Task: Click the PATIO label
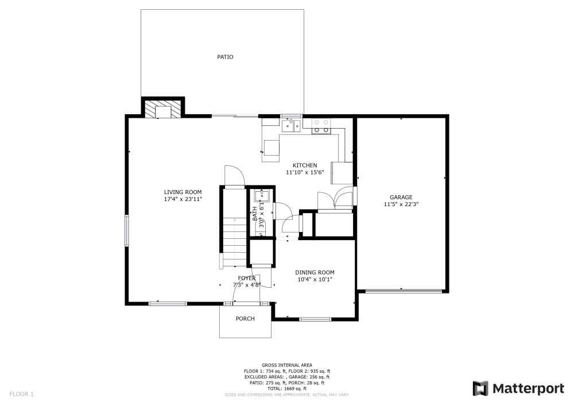225,57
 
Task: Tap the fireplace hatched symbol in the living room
163,109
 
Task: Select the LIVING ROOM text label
183,192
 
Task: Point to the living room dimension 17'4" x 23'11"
183,199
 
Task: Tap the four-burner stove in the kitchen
322,126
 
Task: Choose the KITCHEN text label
305,165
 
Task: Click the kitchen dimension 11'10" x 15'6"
305,172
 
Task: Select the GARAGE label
401,197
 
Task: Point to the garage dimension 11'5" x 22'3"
401,204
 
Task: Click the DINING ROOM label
315,273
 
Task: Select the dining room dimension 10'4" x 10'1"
315,280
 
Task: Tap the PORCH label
245,319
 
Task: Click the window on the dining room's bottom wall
315,319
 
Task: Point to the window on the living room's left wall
127,230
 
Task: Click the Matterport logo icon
480,389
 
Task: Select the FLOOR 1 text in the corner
22,394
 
